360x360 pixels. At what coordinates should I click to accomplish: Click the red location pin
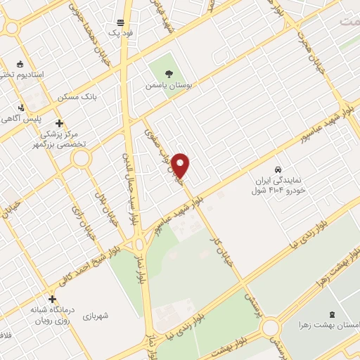pos(181,165)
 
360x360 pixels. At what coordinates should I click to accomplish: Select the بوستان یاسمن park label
pos(168,84)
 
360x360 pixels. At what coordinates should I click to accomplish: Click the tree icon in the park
pos(168,72)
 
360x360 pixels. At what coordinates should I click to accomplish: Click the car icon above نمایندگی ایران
pos(278,170)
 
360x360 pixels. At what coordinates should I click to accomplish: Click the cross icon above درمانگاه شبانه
pos(52,298)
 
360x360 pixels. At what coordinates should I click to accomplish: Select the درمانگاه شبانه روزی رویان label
pos(50,314)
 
